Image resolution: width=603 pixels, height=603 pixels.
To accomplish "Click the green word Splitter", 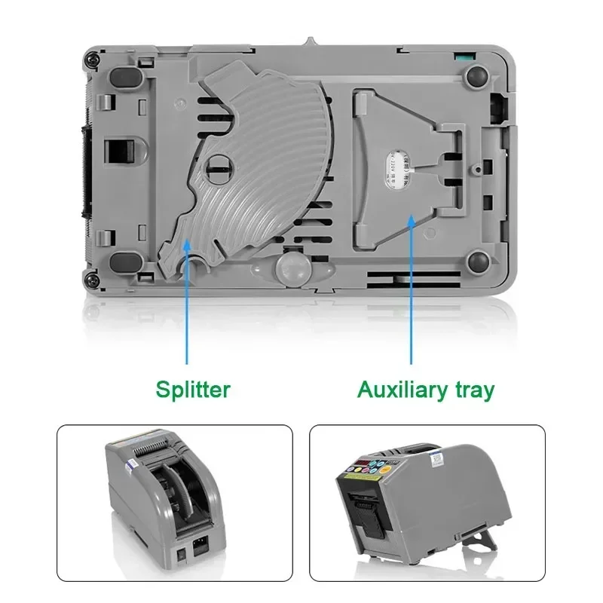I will click(193, 390).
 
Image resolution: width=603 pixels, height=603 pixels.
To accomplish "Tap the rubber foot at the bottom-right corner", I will click(477, 262).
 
